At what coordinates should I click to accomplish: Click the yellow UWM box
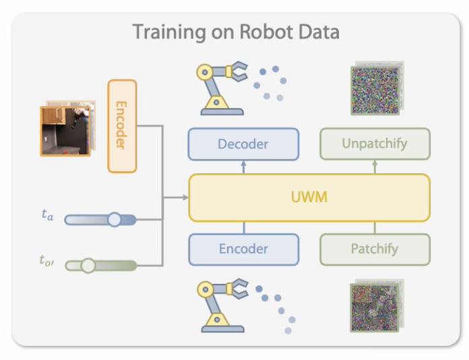point(309,198)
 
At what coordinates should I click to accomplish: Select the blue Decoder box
point(243,144)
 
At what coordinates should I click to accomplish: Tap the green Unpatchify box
point(374,144)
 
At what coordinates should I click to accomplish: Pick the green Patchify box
point(374,249)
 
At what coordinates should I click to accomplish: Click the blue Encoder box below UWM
point(243,249)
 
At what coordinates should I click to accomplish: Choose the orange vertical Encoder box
point(122,125)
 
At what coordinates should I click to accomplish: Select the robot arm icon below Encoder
point(220,305)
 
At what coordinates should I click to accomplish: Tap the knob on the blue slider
point(115,220)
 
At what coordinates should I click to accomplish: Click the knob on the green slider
point(88,266)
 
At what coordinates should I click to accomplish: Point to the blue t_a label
point(47,216)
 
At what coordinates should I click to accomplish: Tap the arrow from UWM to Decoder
point(243,167)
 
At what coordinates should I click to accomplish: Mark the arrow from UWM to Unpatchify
point(375,167)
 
